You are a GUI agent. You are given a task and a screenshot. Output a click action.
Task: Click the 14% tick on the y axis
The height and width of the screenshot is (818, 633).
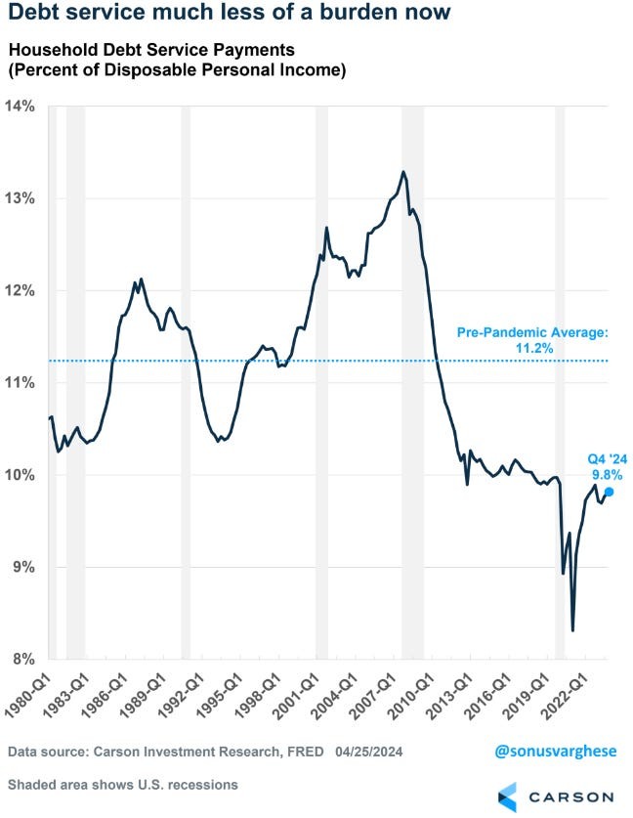[22, 106]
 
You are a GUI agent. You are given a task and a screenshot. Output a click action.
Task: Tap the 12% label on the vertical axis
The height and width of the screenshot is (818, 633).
[22, 290]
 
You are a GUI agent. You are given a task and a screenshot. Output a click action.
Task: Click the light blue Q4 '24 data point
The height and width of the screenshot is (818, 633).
[609, 493]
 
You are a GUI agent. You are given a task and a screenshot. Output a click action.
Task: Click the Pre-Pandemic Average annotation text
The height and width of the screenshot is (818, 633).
[532, 333]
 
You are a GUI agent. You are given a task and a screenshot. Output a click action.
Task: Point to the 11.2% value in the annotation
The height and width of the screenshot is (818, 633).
[532, 347]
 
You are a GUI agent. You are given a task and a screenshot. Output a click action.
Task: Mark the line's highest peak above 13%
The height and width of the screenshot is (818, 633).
[403, 172]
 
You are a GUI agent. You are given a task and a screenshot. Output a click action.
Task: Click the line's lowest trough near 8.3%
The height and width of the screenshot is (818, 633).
[572, 630]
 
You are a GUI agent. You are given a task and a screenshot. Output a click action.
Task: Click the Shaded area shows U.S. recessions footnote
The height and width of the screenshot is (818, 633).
[122, 785]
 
